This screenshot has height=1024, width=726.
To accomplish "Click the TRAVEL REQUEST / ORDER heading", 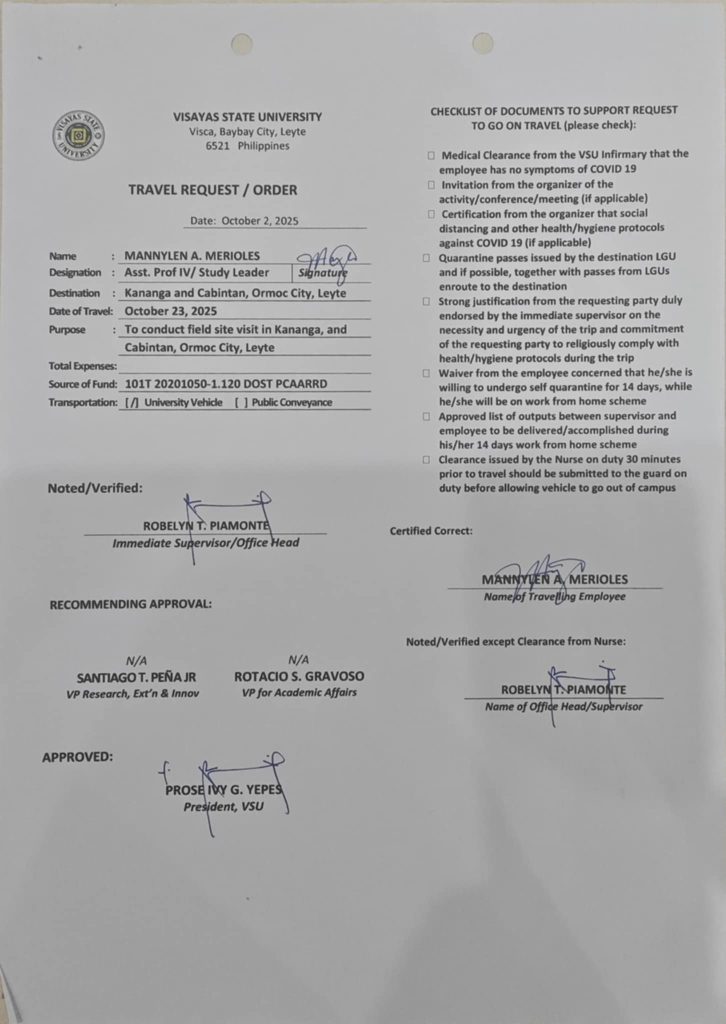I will pyautogui.click(x=212, y=190).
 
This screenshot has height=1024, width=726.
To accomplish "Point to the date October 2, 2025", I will pyautogui.click(x=259, y=221).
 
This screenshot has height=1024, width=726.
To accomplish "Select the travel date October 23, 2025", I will pyautogui.click(x=170, y=311).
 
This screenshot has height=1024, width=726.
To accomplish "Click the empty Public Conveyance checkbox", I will pyautogui.click(x=241, y=402).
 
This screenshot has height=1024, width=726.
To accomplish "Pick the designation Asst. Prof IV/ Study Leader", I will pyautogui.click(x=196, y=272).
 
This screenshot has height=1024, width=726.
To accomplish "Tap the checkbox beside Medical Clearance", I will pyautogui.click(x=431, y=155).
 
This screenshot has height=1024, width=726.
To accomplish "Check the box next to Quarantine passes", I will pyautogui.click(x=426, y=258).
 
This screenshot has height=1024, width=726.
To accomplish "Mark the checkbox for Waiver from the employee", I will pyautogui.click(x=426, y=373).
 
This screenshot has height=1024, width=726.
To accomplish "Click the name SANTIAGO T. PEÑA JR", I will pyautogui.click(x=136, y=678).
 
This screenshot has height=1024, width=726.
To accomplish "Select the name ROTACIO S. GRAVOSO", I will pyautogui.click(x=299, y=676).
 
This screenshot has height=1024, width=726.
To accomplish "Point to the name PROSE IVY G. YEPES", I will pyautogui.click(x=223, y=790).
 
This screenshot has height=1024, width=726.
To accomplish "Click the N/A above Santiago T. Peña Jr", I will pyautogui.click(x=136, y=661).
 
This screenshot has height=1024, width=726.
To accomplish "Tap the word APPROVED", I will pyautogui.click(x=77, y=757).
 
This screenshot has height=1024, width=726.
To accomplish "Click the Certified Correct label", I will pyautogui.click(x=431, y=531).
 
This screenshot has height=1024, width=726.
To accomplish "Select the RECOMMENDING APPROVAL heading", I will pyautogui.click(x=130, y=604).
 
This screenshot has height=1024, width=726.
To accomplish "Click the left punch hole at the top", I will pyautogui.click(x=241, y=44).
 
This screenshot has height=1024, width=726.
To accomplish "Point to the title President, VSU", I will pyautogui.click(x=223, y=806).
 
